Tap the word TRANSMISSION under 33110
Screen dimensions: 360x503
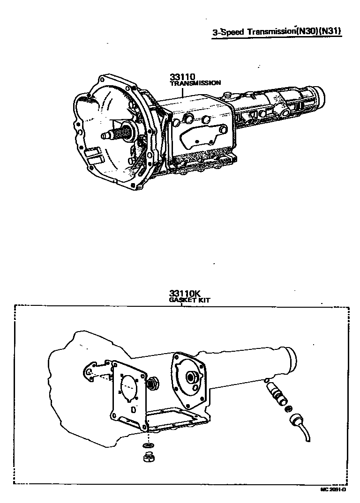195,83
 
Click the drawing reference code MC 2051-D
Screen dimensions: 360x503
333,490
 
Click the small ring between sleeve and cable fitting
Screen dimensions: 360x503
288,409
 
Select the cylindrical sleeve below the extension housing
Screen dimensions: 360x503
277,393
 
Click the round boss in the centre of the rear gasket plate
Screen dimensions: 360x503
191,377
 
